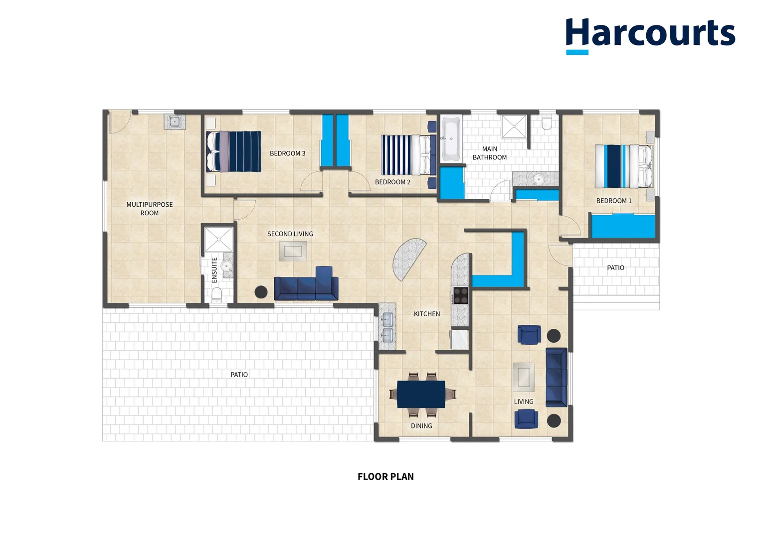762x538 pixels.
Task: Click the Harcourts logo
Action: tap(650, 35)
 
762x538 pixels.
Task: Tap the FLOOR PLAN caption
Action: tap(385, 477)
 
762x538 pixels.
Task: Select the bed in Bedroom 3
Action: tap(233, 151)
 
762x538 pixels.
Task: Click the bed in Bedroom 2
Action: tap(408, 155)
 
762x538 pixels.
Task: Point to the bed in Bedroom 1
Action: tap(624, 166)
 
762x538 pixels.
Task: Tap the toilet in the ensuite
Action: tap(217, 294)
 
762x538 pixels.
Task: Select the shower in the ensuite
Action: tap(218, 239)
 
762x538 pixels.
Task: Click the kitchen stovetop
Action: tap(460, 295)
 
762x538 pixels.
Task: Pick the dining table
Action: tap(421, 394)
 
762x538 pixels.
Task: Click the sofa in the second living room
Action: tap(306, 284)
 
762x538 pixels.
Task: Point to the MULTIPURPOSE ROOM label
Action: tap(149, 209)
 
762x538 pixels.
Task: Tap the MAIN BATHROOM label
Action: tap(490, 153)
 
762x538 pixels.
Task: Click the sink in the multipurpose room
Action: tap(175, 122)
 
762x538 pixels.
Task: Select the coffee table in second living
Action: tap(293, 251)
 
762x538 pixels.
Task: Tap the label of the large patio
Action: tap(239, 375)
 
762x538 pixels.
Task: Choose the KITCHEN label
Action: tap(426, 314)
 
